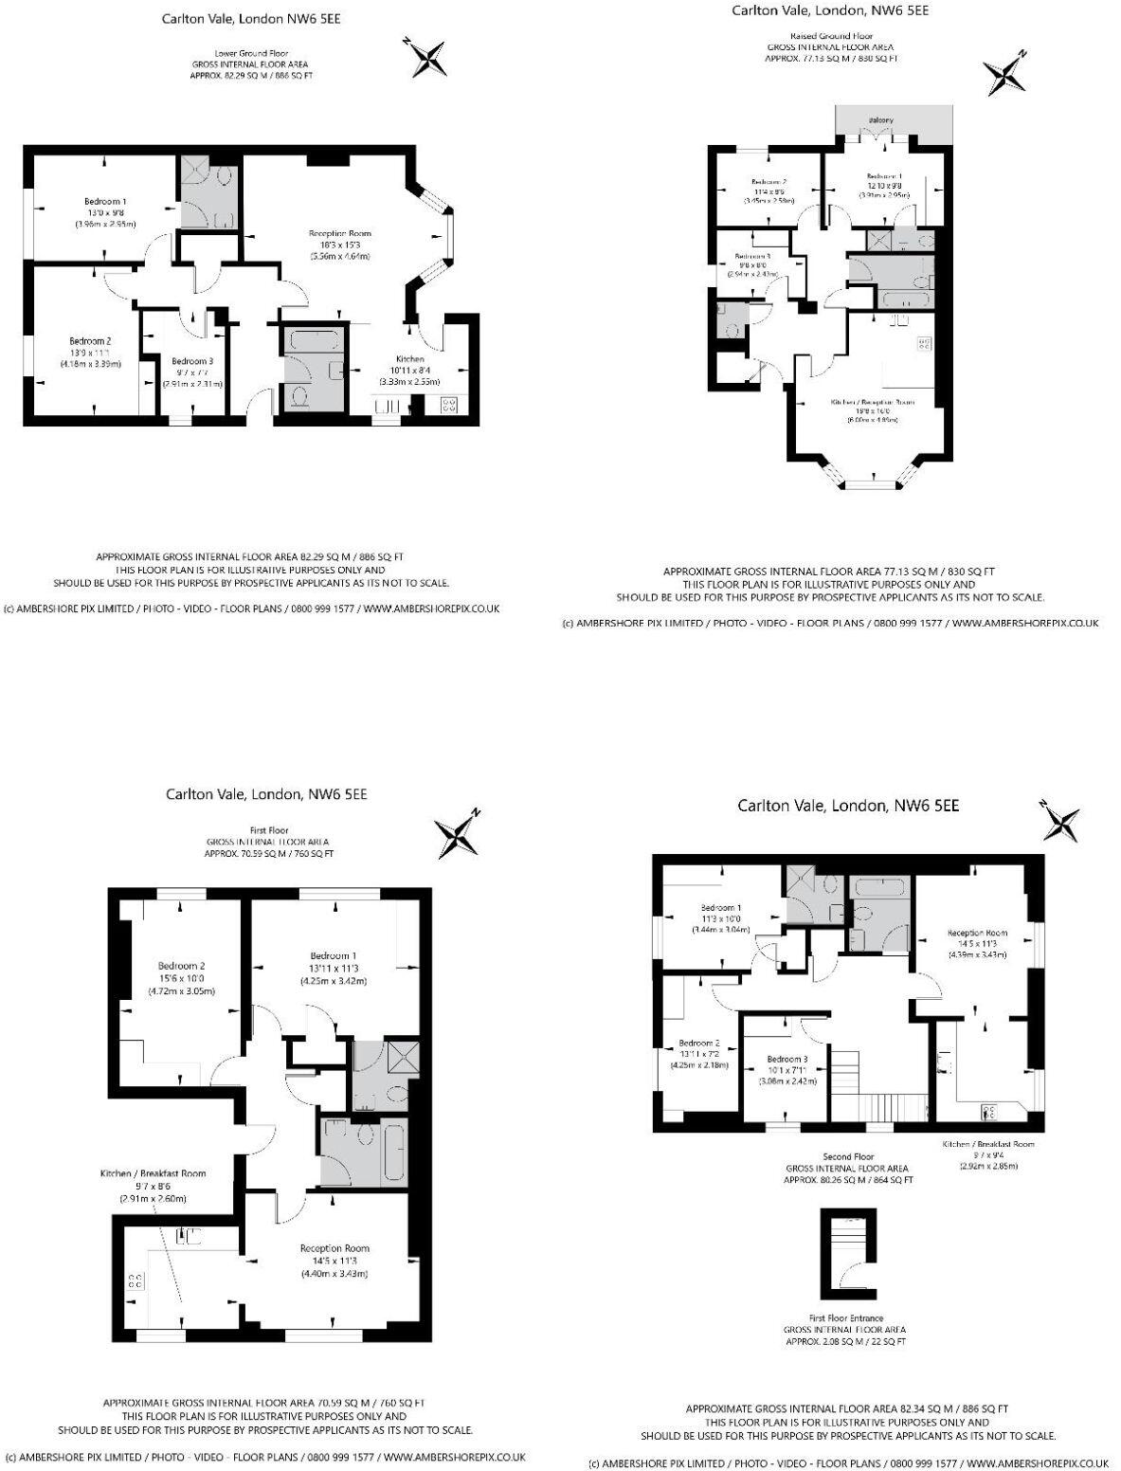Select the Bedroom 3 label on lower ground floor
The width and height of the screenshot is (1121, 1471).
coord(192,361)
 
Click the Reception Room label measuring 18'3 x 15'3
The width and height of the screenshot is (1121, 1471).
coord(339,233)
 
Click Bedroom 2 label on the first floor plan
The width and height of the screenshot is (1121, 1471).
coord(181,966)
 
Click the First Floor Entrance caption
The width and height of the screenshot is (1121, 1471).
coord(846,1317)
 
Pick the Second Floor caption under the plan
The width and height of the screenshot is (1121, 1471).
coord(848,1156)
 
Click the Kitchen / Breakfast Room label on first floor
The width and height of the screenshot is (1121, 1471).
coord(153,1173)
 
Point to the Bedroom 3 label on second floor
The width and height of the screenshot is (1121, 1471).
coord(787,1059)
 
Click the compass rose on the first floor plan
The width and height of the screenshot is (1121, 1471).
coord(460,834)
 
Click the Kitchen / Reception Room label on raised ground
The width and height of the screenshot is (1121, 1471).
coord(873,402)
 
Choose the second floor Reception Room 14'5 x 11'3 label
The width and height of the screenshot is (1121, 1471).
coord(977,933)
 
